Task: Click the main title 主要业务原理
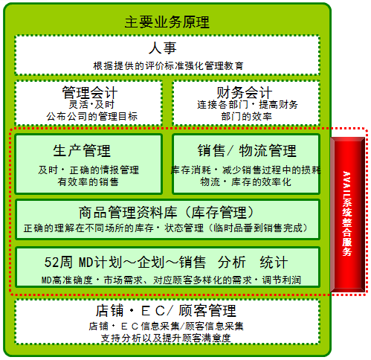click(167, 22)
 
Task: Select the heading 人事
click(163, 48)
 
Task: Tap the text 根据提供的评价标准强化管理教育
click(168, 66)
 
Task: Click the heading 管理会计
click(89, 92)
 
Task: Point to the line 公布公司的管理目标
click(92, 116)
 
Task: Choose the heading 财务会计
click(245, 92)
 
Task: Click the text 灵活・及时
click(91, 104)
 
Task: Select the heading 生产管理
click(82, 151)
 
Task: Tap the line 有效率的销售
click(88, 182)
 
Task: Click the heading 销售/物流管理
click(247, 151)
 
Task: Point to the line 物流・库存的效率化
click(245, 182)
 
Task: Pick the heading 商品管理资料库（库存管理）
click(167, 213)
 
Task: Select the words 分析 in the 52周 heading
click(232, 262)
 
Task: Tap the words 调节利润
click(282, 280)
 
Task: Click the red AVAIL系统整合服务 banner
click(347, 215)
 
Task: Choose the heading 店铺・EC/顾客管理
click(166, 310)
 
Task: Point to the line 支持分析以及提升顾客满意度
click(166, 338)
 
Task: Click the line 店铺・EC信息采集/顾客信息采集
click(166, 327)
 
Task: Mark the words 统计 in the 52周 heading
click(274, 262)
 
